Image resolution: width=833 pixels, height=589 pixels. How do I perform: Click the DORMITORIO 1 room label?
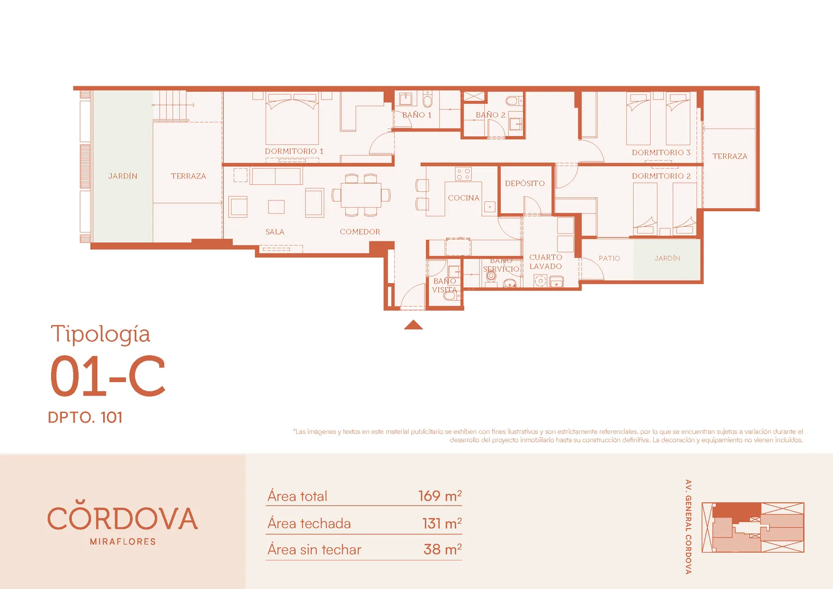pyautogui.click(x=294, y=151)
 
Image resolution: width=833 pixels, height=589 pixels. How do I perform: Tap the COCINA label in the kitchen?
pyautogui.click(x=463, y=198)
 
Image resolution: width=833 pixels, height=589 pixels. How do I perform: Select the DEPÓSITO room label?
pyautogui.click(x=525, y=183)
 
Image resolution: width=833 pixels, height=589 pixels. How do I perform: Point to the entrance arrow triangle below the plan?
pyautogui.click(x=413, y=325)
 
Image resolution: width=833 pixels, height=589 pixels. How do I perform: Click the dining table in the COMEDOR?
pyautogui.click(x=361, y=195)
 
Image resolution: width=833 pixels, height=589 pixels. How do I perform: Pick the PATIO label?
pyautogui.click(x=609, y=258)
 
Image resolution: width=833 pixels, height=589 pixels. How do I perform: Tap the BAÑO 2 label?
pyautogui.click(x=490, y=115)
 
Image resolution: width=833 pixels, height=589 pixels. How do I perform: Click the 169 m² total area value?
pyautogui.click(x=440, y=496)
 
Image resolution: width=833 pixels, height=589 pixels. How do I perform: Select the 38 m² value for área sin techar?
pyautogui.click(x=443, y=549)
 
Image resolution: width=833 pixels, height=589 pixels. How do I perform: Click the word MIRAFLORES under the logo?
pyautogui.click(x=123, y=542)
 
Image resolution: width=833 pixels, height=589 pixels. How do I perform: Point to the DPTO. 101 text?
pyautogui.click(x=85, y=417)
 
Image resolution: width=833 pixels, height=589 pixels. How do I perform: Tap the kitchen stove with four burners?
pyautogui.click(x=463, y=174)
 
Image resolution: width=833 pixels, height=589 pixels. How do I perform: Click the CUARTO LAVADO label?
pyautogui.click(x=546, y=262)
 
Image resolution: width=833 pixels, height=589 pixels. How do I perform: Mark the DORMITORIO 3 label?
pyautogui.click(x=661, y=152)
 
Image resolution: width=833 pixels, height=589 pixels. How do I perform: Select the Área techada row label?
pyautogui.click(x=309, y=523)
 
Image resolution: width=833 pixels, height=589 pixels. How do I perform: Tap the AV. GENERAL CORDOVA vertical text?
pyautogui.click(x=688, y=527)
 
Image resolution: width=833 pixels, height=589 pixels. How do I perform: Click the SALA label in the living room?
pyautogui.click(x=275, y=232)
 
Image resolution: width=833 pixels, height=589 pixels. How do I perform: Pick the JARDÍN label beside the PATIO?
pyautogui.click(x=667, y=258)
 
